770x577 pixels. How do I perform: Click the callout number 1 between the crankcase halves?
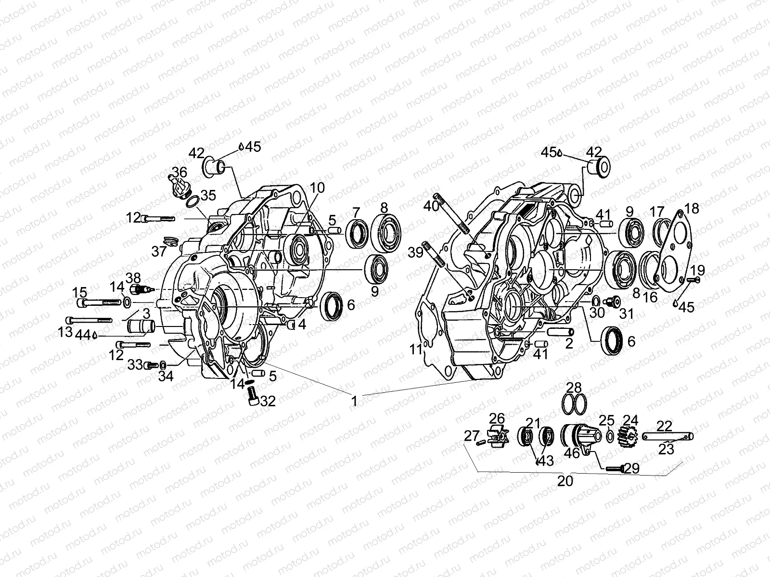355,401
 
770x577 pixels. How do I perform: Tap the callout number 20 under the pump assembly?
565,480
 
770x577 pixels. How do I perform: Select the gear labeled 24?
627,436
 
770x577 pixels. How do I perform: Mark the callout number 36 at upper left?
180,172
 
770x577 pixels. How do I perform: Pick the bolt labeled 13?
90,320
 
